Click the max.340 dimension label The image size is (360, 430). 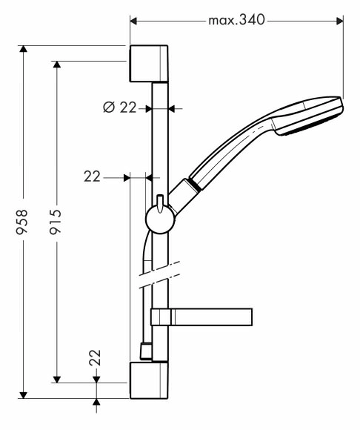click(236, 20)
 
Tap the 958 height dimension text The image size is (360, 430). click(21, 222)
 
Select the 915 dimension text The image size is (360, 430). click(55, 222)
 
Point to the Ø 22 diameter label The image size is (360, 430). click(120, 107)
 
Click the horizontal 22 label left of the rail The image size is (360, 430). click(92, 176)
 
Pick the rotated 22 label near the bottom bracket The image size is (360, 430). click(95, 357)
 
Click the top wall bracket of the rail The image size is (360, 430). click(149, 64)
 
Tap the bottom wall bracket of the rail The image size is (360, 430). click(149, 380)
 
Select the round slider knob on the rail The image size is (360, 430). click(160, 219)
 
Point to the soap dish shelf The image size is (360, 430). click(201, 317)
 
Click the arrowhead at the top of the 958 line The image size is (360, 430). click(24, 48)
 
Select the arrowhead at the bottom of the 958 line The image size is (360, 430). click(24, 395)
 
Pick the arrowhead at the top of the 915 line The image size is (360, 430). click(57, 64)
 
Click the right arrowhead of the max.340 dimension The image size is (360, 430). click(340, 21)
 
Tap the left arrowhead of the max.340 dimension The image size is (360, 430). click(133, 21)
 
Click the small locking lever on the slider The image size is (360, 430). click(160, 203)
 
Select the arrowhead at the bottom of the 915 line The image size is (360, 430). click(57, 380)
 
